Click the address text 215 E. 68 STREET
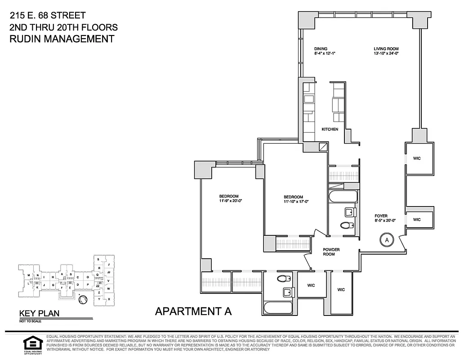tap(45, 16)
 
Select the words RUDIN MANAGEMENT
tap(62, 39)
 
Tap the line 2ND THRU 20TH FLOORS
tap(63, 27)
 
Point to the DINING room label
tap(321, 49)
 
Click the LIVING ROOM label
tap(386, 49)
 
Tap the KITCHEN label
tap(330, 129)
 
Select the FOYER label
tap(381, 216)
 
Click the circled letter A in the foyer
tap(386, 240)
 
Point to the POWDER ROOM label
tap(331, 252)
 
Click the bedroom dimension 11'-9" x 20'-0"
tap(229, 201)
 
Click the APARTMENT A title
tap(193, 311)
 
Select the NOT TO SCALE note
tap(29, 321)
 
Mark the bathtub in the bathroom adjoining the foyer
tap(343, 197)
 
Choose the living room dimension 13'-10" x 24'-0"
tap(386, 54)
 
